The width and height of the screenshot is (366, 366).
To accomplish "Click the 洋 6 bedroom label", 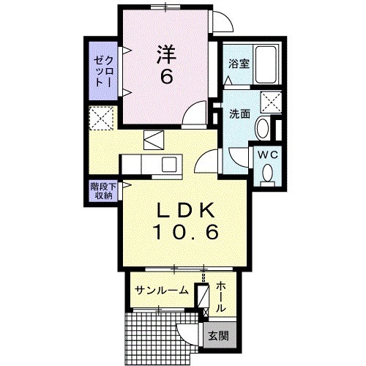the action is coord(167,64).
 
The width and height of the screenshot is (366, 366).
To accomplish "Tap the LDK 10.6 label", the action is coord(186,221).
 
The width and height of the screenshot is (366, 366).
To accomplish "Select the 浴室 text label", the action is coord(239,64).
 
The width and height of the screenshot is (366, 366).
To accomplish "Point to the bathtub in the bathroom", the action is coord(266,64).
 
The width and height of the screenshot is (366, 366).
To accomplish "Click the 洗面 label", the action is coord(239,114).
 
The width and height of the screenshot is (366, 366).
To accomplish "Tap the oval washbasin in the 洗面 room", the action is coord(263,128).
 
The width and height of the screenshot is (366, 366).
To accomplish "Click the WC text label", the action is coord(268,154).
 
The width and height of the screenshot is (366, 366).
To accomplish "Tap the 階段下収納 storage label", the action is coord(103,191).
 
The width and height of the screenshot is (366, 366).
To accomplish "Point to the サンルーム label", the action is coord(162,291).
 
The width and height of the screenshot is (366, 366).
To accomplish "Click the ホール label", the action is coord(221,296).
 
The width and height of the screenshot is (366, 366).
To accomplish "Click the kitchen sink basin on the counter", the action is coord(169,164).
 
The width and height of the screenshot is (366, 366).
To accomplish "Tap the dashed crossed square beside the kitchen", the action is coord(101,118).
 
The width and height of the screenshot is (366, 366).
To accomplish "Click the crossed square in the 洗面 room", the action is coord(271,102).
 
